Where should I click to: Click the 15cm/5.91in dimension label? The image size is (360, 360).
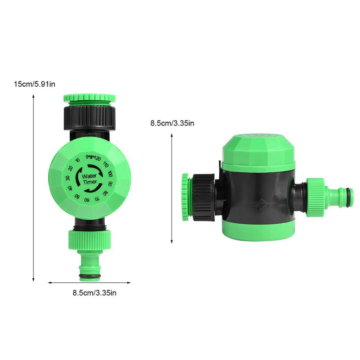tap(34, 85)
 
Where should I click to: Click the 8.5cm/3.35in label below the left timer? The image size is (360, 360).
tap(94, 293)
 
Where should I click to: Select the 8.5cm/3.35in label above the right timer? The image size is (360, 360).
tap(172, 123)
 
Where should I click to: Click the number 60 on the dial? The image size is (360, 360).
tap(87, 200)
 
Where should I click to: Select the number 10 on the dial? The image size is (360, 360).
tap(78, 161)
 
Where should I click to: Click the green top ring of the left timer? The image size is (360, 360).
tap(89, 97)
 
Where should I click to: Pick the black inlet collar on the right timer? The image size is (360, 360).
tap(203, 196)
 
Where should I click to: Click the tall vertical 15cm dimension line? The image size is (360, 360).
tap(33, 187)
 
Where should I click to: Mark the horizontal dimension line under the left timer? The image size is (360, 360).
tap(89, 283)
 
